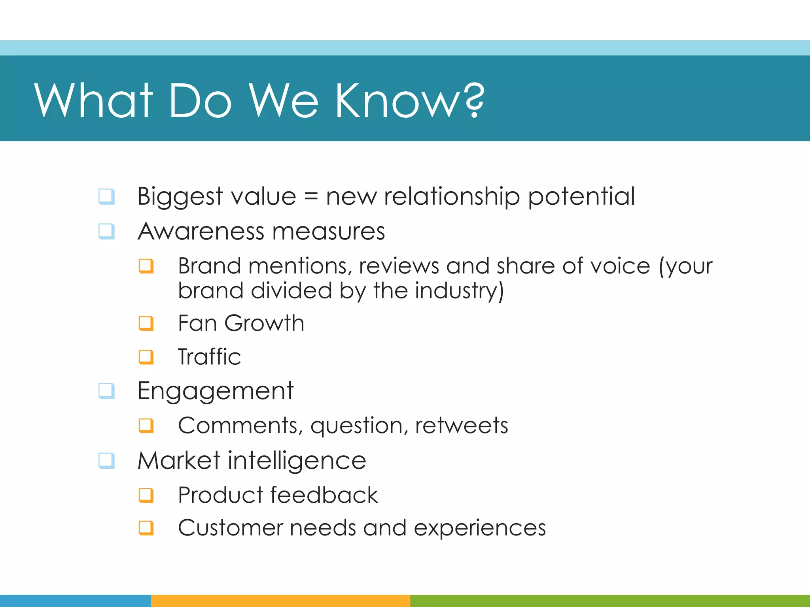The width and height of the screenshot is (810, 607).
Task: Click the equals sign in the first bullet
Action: (x=311, y=196)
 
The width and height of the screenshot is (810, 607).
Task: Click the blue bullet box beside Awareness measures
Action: (x=106, y=232)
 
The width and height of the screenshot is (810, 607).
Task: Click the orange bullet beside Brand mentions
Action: (x=146, y=266)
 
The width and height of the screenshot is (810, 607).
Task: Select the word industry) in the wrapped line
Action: (x=459, y=291)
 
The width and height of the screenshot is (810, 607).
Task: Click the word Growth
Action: (x=264, y=323)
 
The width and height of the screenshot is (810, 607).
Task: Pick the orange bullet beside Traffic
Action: (x=146, y=357)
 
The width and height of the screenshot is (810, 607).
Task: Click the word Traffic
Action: (x=209, y=357)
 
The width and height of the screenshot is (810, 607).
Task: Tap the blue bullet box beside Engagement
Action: (x=106, y=391)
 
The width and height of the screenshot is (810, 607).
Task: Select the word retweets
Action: (x=461, y=426)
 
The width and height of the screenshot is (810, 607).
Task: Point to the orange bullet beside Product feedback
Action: (x=146, y=495)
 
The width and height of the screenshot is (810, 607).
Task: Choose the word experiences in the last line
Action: (x=479, y=528)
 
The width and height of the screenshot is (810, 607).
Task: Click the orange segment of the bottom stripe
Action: (x=280, y=601)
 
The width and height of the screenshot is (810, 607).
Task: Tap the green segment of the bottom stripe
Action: (x=609, y=601)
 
